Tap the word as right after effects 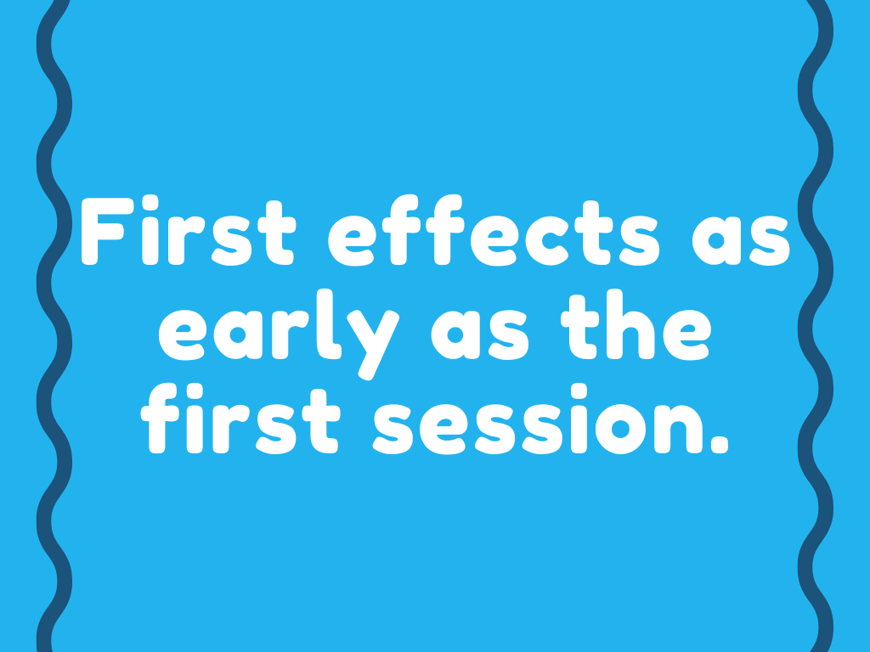click(x=741, y=241)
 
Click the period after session click(x=719, y=443)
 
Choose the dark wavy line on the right click(x=816, y=340)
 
